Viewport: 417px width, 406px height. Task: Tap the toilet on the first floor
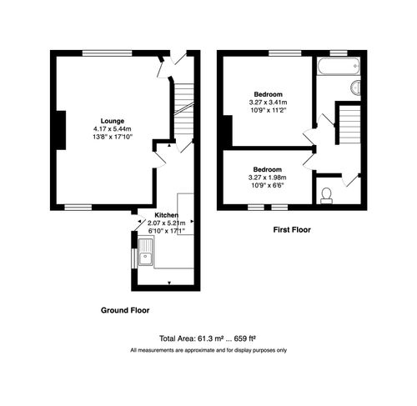326,195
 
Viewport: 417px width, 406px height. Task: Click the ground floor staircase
183,108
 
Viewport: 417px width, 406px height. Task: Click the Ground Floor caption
125,310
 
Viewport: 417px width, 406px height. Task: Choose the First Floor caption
292,228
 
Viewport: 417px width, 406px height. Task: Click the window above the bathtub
337,53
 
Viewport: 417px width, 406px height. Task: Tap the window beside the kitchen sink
133,251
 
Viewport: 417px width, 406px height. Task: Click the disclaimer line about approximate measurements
208,350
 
